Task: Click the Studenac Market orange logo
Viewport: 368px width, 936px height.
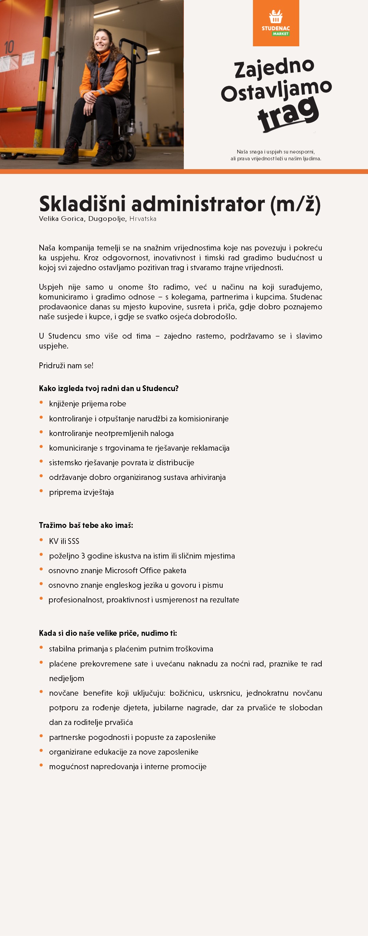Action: pos(276,23)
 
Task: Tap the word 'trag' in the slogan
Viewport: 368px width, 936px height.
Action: pos(288,114)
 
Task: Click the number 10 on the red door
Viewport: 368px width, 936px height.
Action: pos(10,47)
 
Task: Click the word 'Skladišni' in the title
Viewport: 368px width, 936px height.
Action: pos(82,204)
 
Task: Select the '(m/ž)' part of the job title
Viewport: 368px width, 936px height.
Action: pos(295,204)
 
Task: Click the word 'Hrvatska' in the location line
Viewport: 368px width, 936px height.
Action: pos(143,219)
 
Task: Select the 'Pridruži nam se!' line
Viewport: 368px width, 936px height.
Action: pos(66,366)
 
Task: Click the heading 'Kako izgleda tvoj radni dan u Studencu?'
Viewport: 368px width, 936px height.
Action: pos(109,388)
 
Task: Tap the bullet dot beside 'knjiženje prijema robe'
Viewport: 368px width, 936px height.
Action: pos(42,402)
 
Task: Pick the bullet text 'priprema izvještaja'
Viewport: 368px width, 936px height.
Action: pos(81,493)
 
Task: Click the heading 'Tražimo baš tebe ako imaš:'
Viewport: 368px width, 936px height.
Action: pos(86,526)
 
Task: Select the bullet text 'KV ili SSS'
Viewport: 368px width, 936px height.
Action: pos(64,542)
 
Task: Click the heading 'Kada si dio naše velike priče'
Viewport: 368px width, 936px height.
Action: pos(108,633)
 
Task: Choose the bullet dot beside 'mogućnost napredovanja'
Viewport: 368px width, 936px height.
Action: pos(42,765)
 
